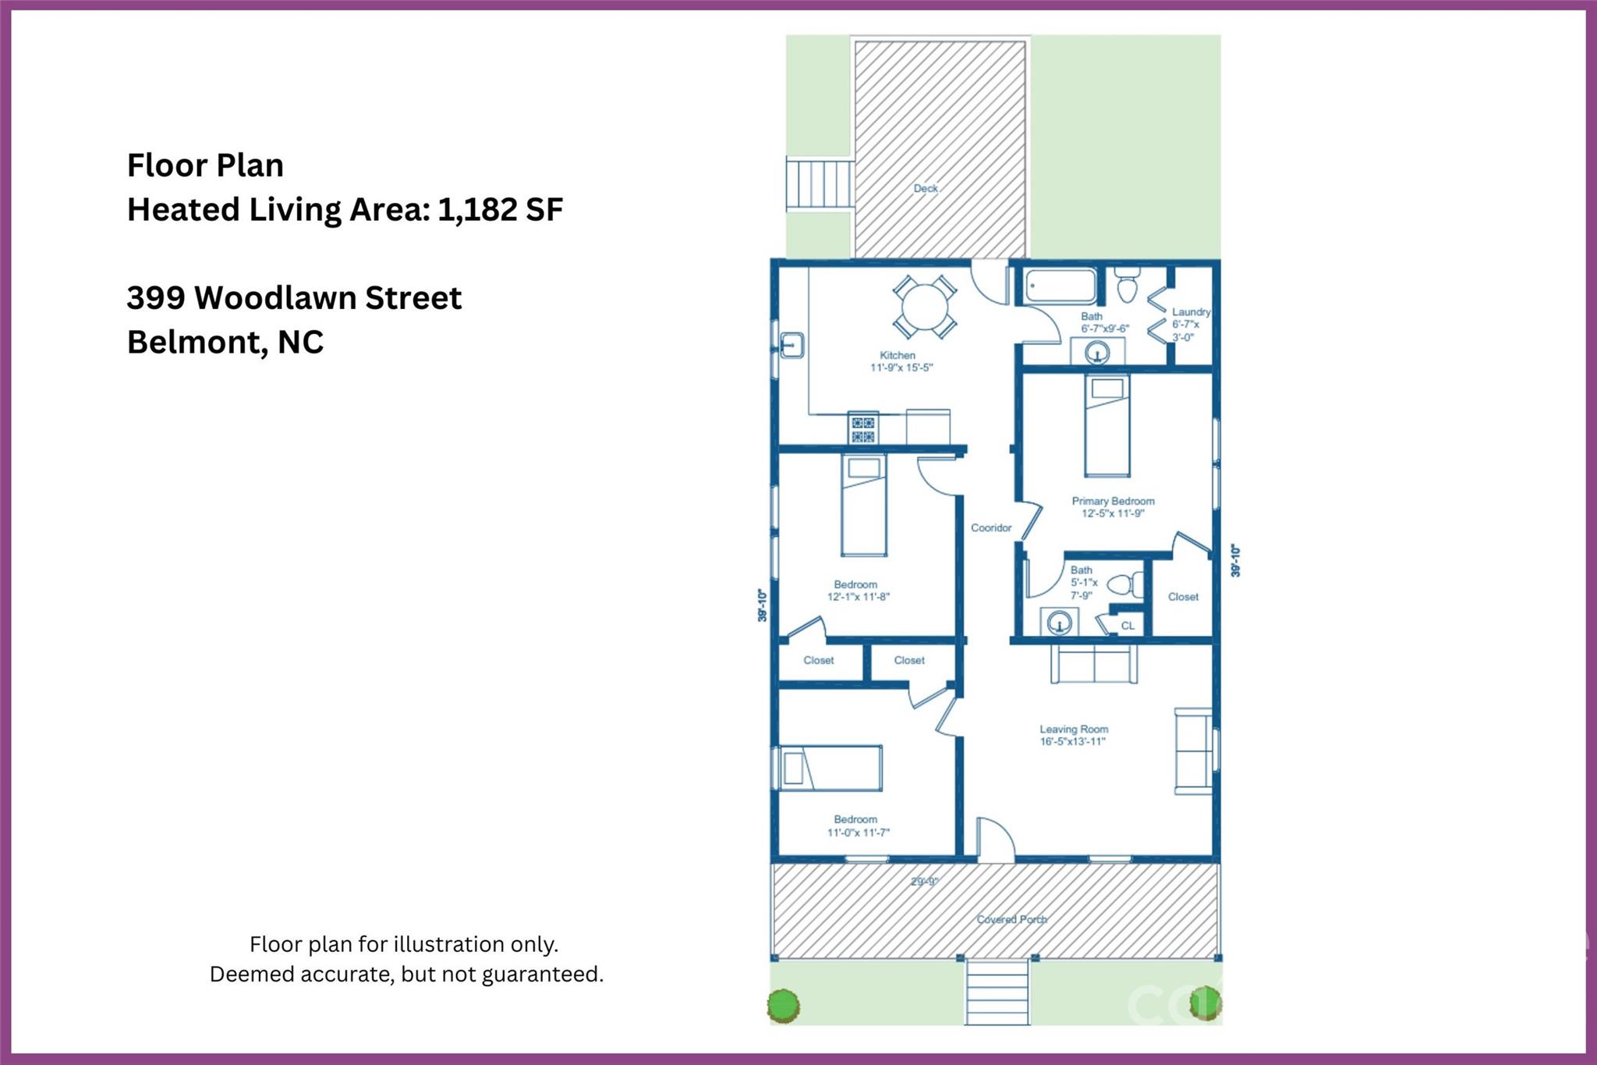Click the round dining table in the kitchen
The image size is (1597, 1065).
[925, 306]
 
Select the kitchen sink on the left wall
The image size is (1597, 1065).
[791, 345]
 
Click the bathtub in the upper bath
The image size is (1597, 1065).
[1061, 286]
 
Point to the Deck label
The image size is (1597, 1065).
[926, 188]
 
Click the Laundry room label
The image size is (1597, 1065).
[1191, 312]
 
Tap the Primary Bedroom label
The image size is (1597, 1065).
[1113, 501]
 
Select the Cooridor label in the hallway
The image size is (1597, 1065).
[991, 528]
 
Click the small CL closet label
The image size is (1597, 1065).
[1128, 626]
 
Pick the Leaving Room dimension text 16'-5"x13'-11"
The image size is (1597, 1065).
[1073, 742]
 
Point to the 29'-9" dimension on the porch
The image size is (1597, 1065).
[925, 882]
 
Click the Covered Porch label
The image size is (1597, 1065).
[1011, 919]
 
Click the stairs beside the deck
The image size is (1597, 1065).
[820, 184]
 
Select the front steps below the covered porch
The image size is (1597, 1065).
[997, 992]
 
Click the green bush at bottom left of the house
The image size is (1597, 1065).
[783, 1005]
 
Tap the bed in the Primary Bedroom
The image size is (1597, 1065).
[1107, 425]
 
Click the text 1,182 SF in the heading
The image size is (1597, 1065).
[500, 210]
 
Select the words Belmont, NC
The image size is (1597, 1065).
[225, 342]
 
